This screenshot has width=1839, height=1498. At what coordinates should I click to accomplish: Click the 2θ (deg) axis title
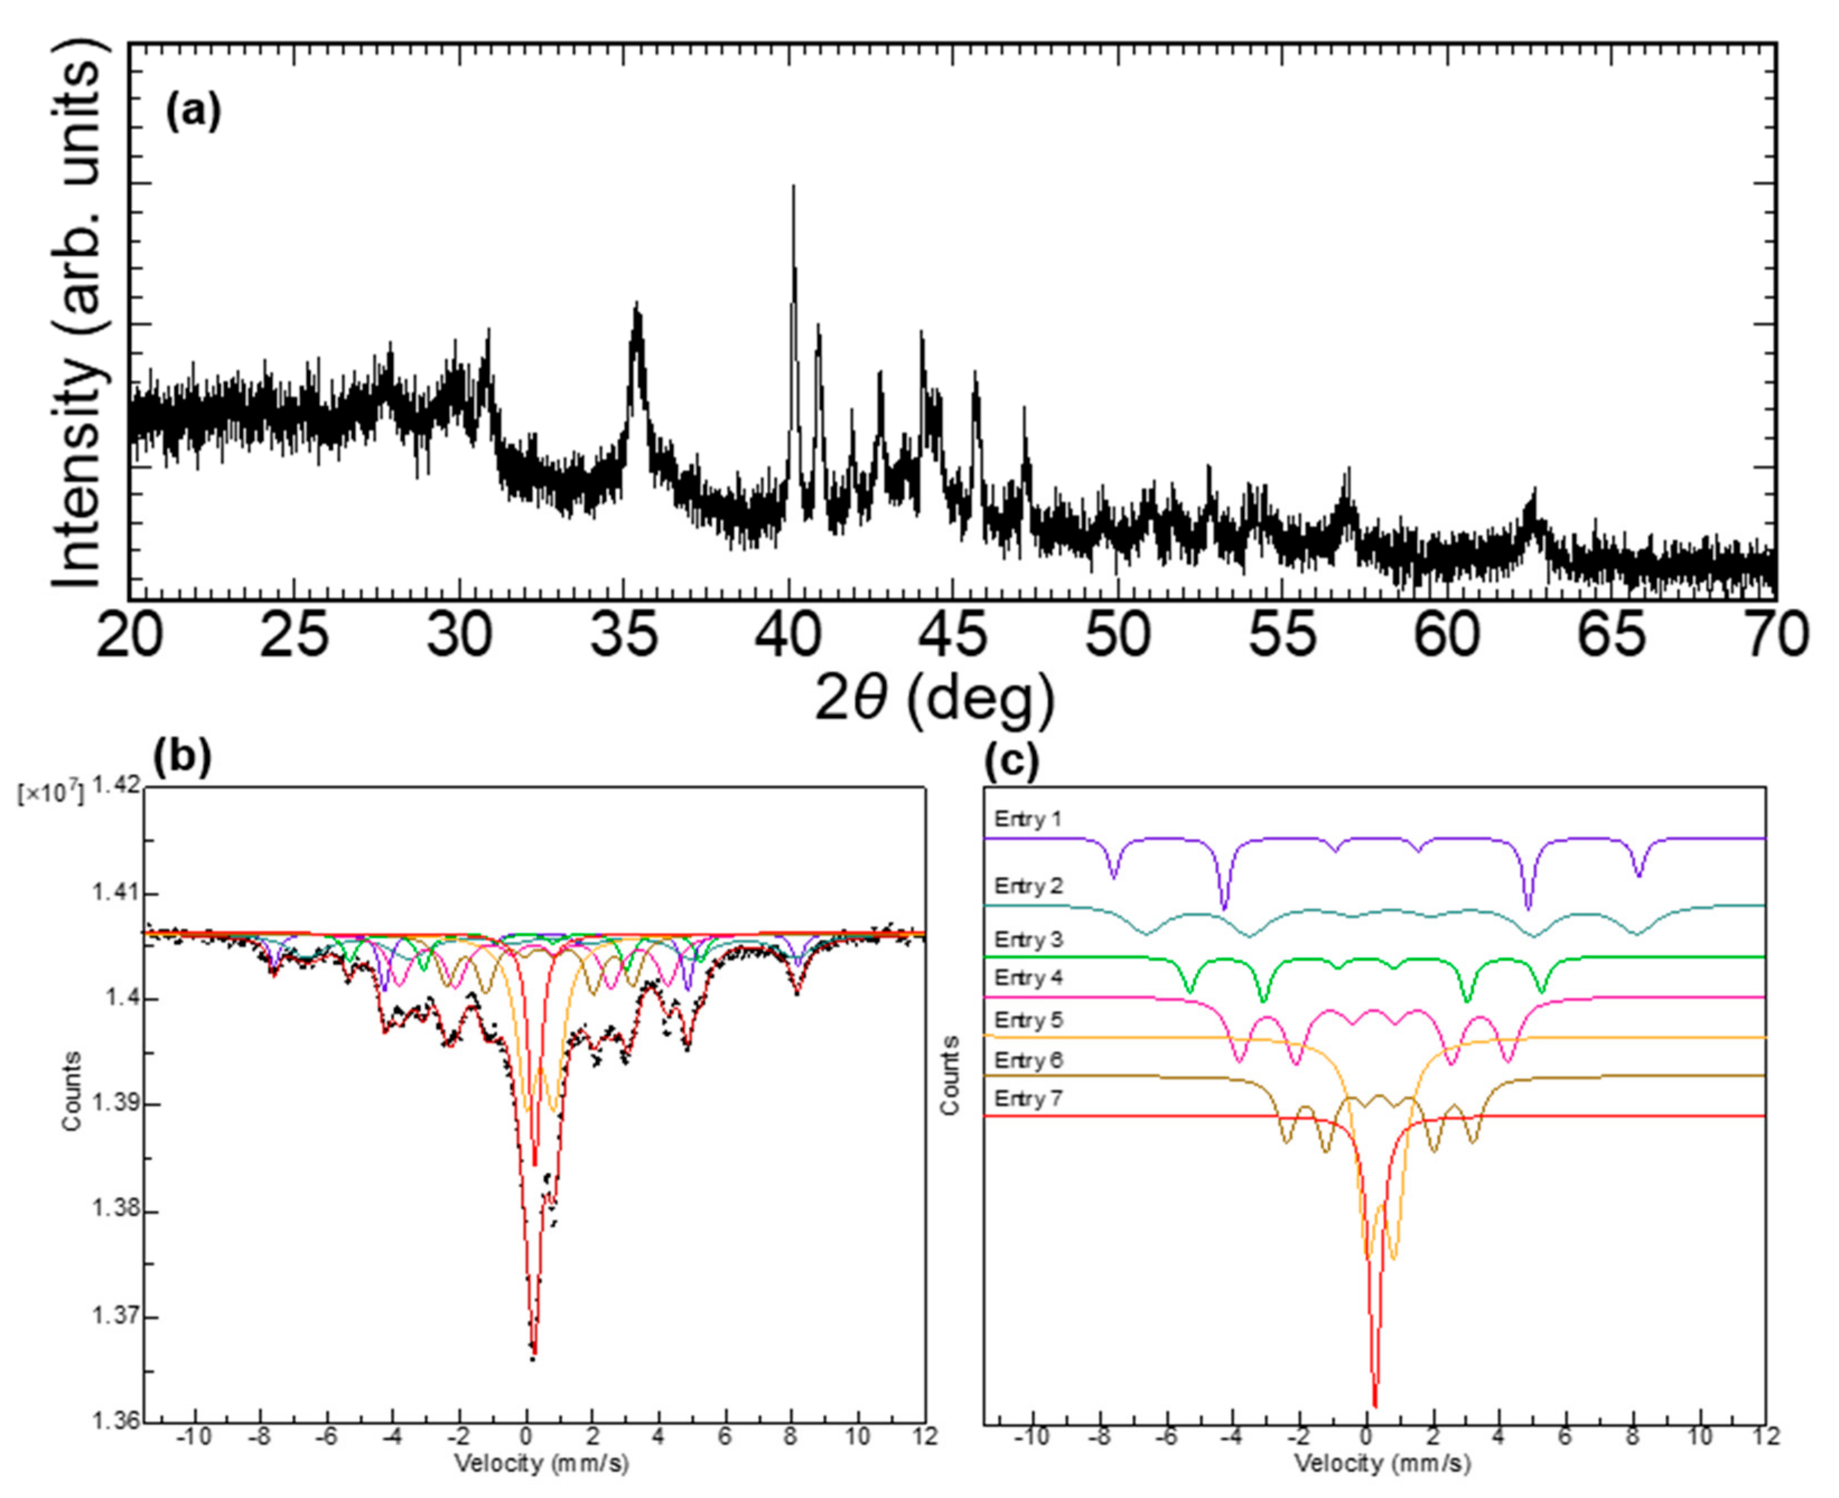[935, 698]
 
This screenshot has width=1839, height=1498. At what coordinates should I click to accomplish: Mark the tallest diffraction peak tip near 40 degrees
[793, 186]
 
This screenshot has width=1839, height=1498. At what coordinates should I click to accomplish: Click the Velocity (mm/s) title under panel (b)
[541, 1463]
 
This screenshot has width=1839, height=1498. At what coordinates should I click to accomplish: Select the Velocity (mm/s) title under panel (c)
[1381, 1463]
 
